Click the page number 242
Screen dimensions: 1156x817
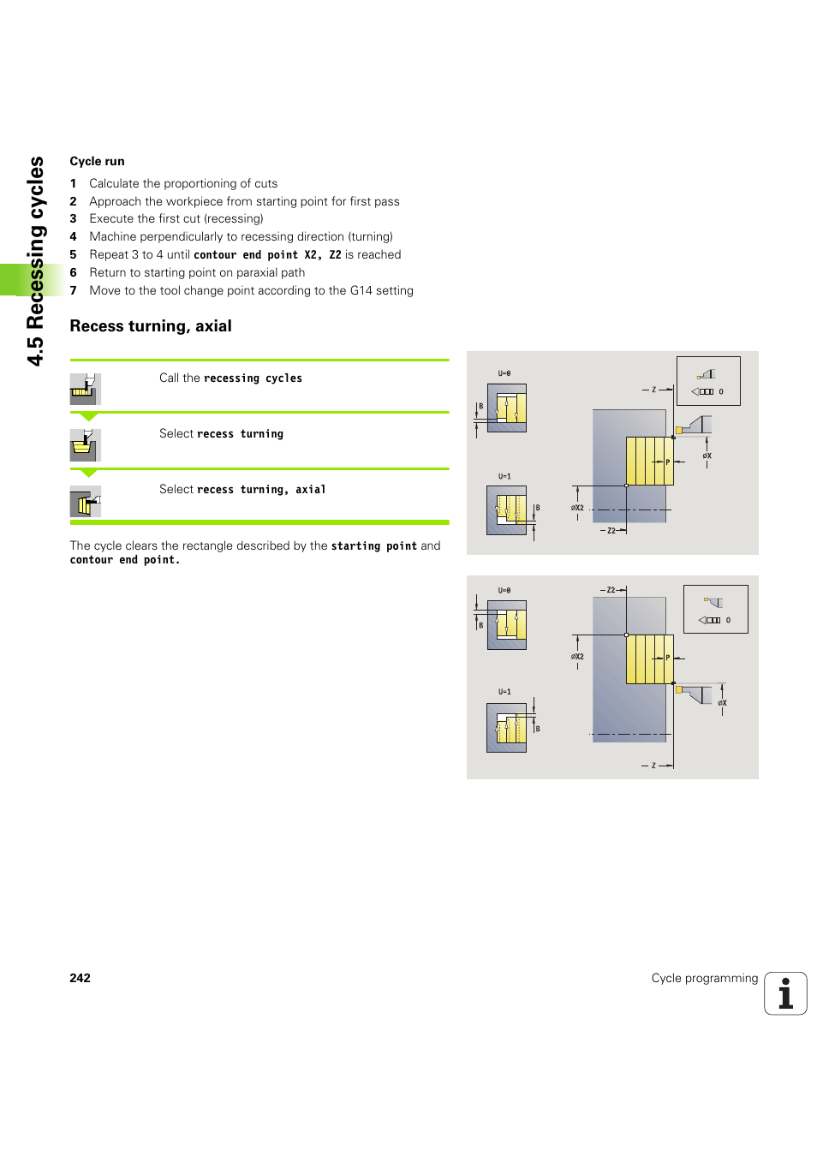(80, 978)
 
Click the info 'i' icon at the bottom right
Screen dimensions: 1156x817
(785, 993)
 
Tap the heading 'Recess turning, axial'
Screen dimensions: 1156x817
(151, 326)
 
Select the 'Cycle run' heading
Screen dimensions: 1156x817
(97, 161)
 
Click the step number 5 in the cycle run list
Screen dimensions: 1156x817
(74, 254)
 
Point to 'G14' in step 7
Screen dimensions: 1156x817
(361, 290)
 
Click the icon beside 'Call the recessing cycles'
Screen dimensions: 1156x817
(85, 389)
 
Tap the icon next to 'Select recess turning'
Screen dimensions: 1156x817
(85, 444)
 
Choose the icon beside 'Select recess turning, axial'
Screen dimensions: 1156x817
(85, 501)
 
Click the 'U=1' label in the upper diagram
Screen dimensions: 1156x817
(504, 476)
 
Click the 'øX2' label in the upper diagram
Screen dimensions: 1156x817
(577, 508)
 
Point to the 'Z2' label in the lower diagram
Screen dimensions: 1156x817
(611, 590)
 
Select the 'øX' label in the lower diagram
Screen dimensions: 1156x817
(722, 703)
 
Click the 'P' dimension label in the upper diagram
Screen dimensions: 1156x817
(668, 462)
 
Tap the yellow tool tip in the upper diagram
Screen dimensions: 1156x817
(678, 430)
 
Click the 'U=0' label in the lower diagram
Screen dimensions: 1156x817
(504, 590)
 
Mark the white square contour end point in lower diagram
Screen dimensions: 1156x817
(627, 635)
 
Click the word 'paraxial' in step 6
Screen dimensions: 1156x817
(258, 272)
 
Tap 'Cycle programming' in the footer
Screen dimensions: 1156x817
(704, 978)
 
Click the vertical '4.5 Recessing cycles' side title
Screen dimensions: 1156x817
(35, 260)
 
